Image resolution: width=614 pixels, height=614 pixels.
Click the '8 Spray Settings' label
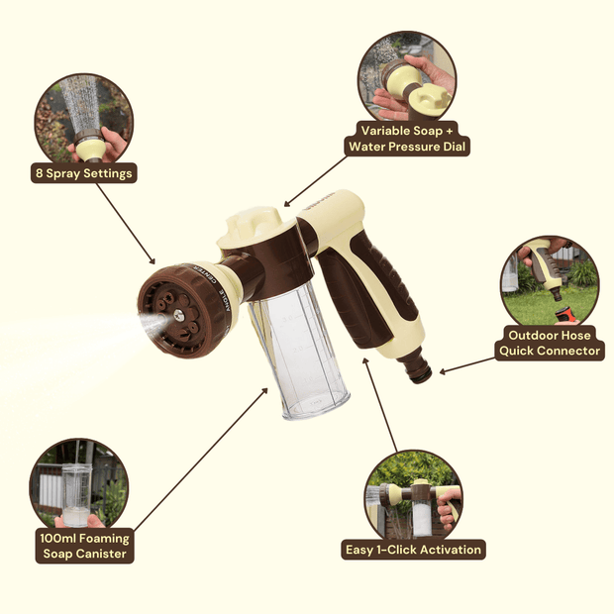[84, 173]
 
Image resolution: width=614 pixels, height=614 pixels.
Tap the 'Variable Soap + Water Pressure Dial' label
[407, 139]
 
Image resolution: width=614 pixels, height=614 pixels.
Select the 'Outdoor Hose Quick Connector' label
[550, 343]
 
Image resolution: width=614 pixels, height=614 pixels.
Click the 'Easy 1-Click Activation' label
[413, 550]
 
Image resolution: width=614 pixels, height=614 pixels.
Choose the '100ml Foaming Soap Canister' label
[84, 546]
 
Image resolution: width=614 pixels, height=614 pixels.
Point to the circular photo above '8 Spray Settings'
[84, 118]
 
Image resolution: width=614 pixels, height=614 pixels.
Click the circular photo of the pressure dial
[407, 77]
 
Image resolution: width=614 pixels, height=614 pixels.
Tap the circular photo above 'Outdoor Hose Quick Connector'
[550, 281]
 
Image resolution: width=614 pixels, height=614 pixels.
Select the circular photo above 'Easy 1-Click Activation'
[413, 495]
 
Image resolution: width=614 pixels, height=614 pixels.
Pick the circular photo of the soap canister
[78, 484]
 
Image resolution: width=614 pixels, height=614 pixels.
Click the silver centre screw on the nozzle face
[178, 315]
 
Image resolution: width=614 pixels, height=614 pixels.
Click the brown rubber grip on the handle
[368, 290]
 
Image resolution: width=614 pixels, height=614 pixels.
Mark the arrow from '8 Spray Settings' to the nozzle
[126, 224]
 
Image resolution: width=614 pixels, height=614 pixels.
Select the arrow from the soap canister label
[201, 460]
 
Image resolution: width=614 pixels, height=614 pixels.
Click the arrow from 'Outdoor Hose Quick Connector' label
[467, 365]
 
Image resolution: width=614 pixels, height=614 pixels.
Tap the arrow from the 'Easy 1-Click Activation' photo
[380, 404]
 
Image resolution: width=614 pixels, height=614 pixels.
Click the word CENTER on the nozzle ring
[206, 275]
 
